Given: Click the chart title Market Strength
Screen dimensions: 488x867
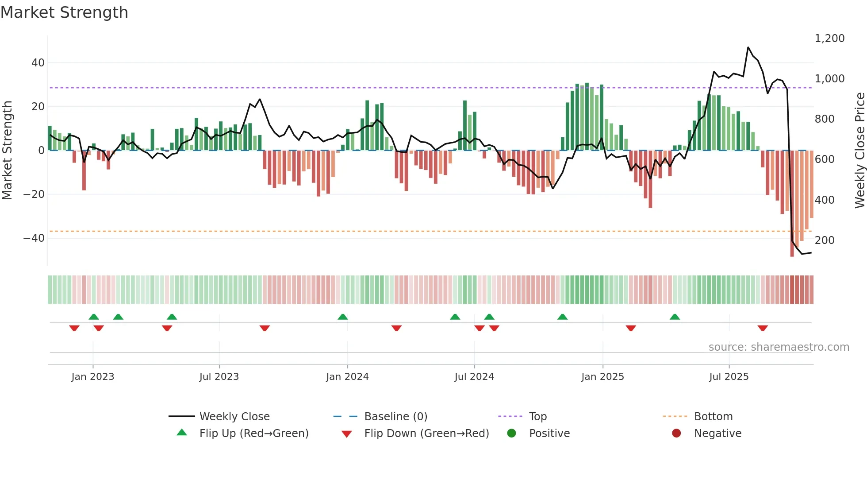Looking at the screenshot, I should [64, 12].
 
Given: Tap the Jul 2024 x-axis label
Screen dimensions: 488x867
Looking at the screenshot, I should [474, 377].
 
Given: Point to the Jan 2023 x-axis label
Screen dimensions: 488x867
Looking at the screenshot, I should [92, 377].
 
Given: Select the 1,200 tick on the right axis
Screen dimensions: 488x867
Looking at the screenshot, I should [829, 39].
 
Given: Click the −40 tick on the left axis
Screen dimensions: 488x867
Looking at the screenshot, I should [34, 238].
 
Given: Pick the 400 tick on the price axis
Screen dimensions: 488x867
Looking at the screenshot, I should [824, 200].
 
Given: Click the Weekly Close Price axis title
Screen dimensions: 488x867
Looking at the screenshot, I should [859, 150].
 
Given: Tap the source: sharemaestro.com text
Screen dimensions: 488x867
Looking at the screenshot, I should [779, 347].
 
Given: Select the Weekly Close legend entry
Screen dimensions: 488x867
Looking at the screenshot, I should [234, 417].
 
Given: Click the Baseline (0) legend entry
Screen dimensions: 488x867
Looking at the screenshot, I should [395, 417].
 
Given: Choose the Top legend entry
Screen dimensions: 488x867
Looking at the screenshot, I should [537, 417].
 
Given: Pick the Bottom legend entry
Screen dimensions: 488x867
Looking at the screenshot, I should [713, 417].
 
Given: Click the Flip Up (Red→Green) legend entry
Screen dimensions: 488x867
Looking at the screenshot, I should [253, 434].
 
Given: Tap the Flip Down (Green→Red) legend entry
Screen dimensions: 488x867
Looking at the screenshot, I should [426, 434].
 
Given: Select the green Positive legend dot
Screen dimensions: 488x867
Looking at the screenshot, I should [512, 434].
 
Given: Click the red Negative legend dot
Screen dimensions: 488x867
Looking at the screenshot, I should [676, 434].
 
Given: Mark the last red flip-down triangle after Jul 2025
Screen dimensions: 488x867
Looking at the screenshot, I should [762, 328].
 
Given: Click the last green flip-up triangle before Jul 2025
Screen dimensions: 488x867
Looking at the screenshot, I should [675, 317].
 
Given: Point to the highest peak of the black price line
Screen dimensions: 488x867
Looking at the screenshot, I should [748, 47].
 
